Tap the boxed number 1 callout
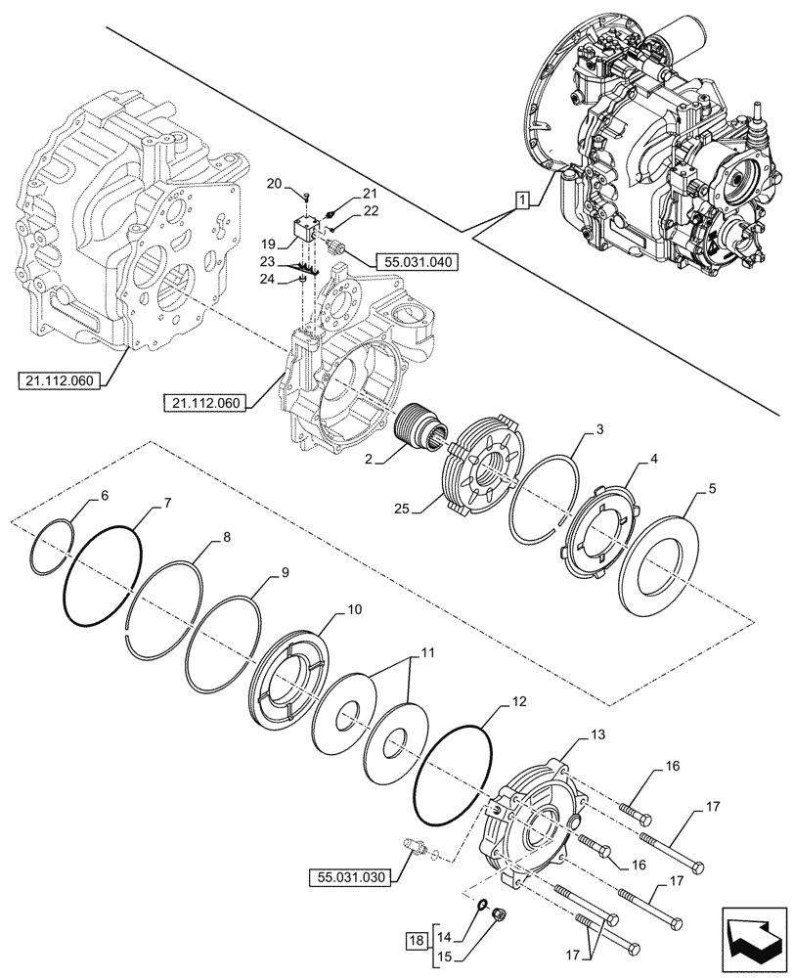(523, 200)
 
